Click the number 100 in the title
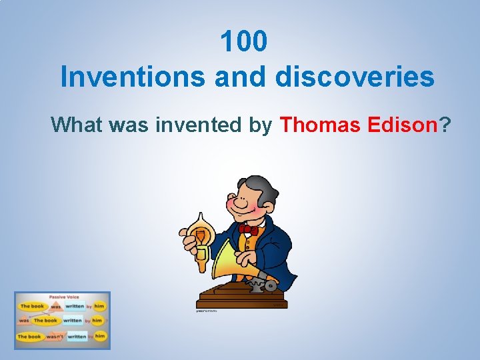[244, 41]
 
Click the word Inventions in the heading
[133, 77]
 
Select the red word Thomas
[321, 124]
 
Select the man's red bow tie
[248, 229]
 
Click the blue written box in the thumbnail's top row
[75, 307]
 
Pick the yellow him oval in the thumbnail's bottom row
[99, 336]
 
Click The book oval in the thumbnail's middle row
[47, 321]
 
